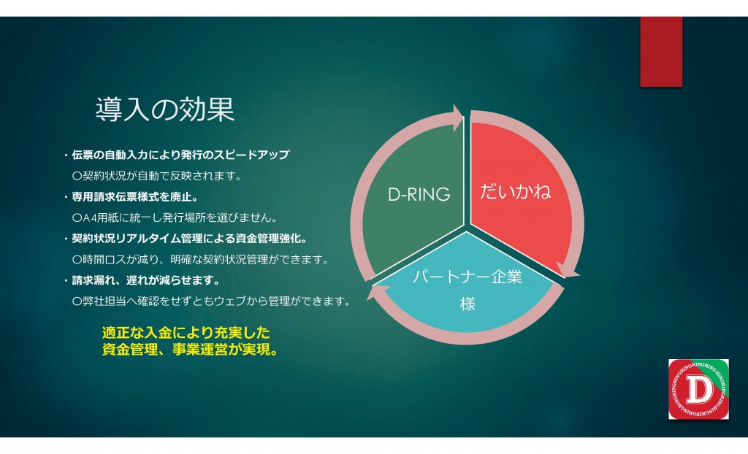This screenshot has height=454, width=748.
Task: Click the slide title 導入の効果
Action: pos(165,109)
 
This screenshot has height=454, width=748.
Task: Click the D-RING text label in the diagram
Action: pos(419,194)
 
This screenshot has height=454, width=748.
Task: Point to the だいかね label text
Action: pos(515,192)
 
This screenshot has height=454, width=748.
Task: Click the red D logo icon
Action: pos(698,389)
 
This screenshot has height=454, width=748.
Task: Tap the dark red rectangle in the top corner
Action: pos(661,52)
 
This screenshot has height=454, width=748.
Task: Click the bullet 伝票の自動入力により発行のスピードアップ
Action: pos(177,155)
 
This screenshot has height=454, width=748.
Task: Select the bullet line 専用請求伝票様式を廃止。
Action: pos(131,196)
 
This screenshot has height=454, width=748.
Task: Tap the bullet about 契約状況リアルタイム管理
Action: pos(186,239)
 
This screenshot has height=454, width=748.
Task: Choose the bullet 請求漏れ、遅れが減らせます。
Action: pos(142,280)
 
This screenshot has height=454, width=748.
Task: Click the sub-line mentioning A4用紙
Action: pos(175,218)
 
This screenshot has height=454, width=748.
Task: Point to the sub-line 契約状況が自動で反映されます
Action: pos(157,176)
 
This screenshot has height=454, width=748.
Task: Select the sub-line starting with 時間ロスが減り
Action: pos(201,260)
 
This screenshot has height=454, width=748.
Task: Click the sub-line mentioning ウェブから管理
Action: pos(212,301)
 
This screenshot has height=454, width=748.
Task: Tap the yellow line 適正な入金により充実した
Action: pos(186,332)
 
